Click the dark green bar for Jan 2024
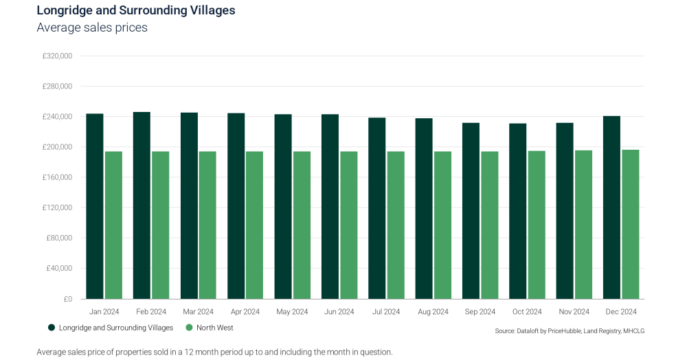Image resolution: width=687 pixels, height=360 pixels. click(95, 206)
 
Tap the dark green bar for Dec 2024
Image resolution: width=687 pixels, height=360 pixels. click(611, 207)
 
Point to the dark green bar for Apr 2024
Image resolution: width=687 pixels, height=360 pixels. click(236, 206)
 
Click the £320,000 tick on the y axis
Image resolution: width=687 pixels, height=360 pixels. click(57, 56)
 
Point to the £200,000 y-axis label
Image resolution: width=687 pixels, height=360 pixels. click(57, 147)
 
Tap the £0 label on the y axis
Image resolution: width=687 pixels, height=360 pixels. click(67, 299)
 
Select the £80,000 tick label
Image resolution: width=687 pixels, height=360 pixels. click(59, 238)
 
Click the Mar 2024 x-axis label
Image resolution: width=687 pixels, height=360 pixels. click(198, 312)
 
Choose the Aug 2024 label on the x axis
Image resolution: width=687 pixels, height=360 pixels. click(433, 312)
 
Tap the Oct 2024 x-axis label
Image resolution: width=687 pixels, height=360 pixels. click(527, 312)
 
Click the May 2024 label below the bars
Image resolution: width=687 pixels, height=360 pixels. click(292, 312)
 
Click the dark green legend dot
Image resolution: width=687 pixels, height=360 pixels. click(52, 328)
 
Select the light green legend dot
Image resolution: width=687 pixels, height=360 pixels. click(189, 328)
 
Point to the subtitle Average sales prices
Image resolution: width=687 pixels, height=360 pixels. click(92, 27)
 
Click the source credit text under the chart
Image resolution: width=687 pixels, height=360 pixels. click(570, 331)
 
